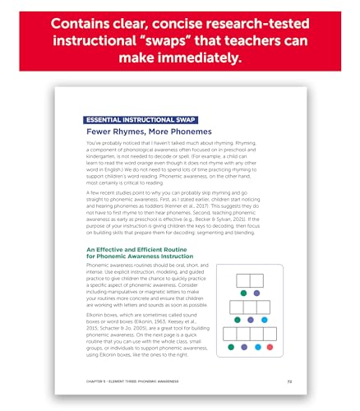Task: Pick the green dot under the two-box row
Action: (x=244, y=292)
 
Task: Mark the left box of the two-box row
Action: (x=243, y=280)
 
